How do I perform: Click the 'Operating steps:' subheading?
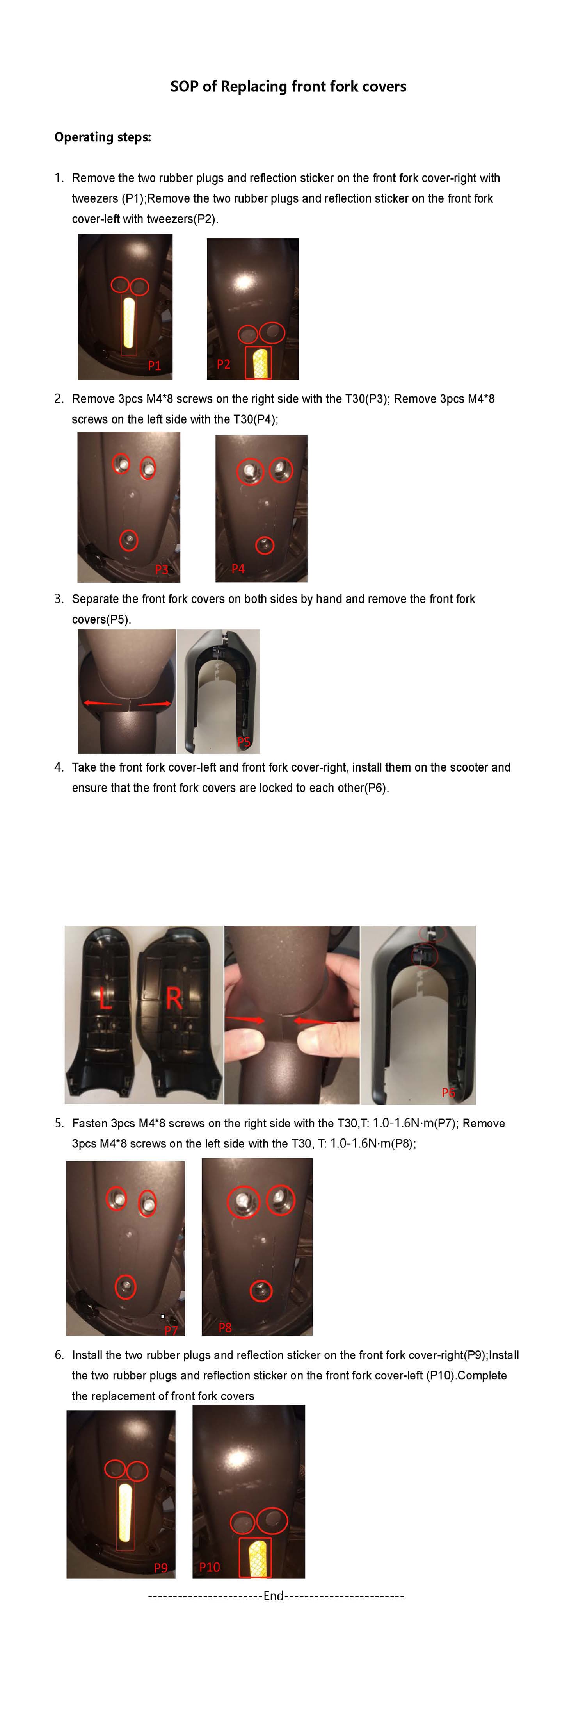[x=103, y=137]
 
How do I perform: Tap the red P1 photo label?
[x=154, y=366]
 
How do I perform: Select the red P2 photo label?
[x=224, y=364]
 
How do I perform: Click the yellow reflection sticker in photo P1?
[x=129, y=323]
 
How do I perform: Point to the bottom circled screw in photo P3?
[x=129, y=540]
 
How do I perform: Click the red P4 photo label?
[x=238, y=569]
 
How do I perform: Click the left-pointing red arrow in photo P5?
[x=100, y=703]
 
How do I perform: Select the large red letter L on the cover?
[x=105, y=999]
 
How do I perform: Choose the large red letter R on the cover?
[x=174, y=999]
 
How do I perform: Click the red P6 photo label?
[x=448, y=1092]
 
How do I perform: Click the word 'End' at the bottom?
[x=274, y=1596]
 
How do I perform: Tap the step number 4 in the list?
[x=59, y=767]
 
